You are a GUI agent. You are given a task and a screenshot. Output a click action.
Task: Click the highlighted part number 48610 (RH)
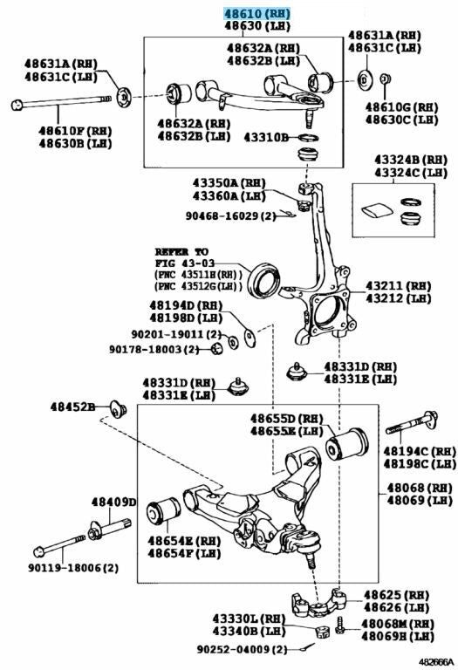pos(257,14)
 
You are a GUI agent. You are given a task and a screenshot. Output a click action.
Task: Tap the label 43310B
pos(266,137)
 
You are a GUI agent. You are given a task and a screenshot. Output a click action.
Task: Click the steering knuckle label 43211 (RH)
pos(398,285)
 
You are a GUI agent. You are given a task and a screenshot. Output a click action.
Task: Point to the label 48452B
pos(72,407)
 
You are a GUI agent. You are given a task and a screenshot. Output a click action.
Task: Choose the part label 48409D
pos(113,502)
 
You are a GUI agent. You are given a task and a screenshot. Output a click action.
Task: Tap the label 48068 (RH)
pos(420,488)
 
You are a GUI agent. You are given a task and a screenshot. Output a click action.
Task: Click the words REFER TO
pos(181,251)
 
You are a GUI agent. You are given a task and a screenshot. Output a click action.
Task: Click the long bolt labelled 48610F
pos(61,102)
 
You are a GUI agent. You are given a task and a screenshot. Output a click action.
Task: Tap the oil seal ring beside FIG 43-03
pos(265,280)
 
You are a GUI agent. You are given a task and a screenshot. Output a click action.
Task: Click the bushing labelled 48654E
pos(163,510)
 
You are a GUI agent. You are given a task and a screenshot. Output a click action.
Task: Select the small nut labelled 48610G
pos(386,79)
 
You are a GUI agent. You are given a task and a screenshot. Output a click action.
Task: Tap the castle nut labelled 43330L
pos(323,631)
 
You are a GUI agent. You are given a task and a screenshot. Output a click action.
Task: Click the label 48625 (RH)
pos(396,594)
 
